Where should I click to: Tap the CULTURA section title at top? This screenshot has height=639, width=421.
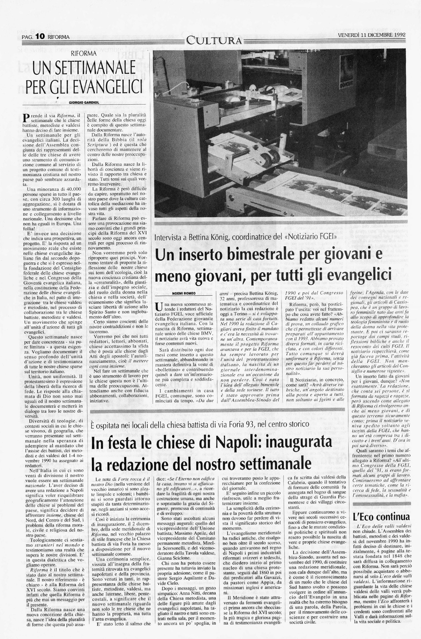pyautogui.click(x=214, y=41)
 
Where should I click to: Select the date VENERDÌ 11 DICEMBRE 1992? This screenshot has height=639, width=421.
pyautogui.click(x=371, y=35)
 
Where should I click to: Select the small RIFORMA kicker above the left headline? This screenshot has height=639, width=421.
pyautogui.click(x=84, y=53)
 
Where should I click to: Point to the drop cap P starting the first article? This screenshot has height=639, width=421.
pyautogui.click(x=26, y=118)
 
